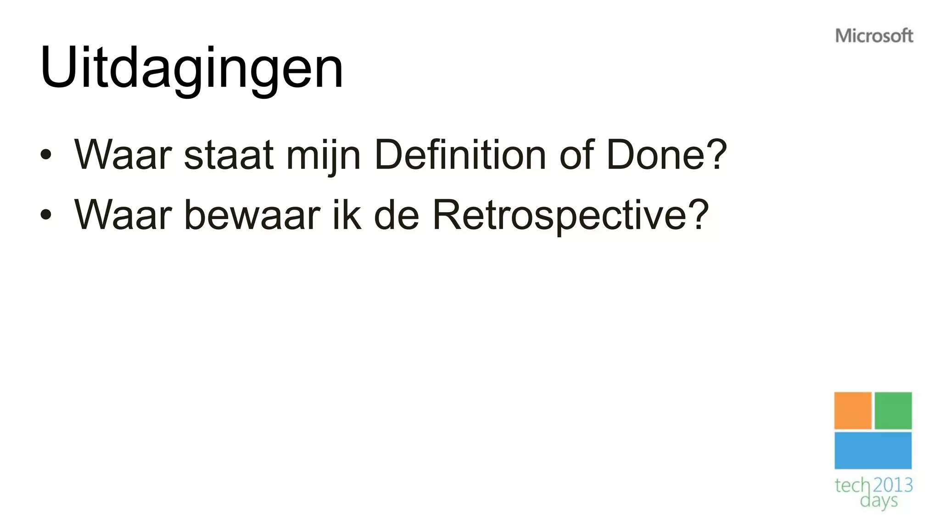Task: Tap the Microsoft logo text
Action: point(874,36)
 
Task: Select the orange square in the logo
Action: point(852,411)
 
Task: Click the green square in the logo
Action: point(893,411)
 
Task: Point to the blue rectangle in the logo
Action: point(873,450)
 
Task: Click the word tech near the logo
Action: point(852,485)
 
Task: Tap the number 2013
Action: point(893,485)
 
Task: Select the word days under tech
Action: point(878,501)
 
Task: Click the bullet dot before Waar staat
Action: point(45,155)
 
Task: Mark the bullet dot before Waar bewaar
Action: point(45,214)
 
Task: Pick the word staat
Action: point(229,155)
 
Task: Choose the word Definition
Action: point(460,155)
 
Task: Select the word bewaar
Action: point(252,214)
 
